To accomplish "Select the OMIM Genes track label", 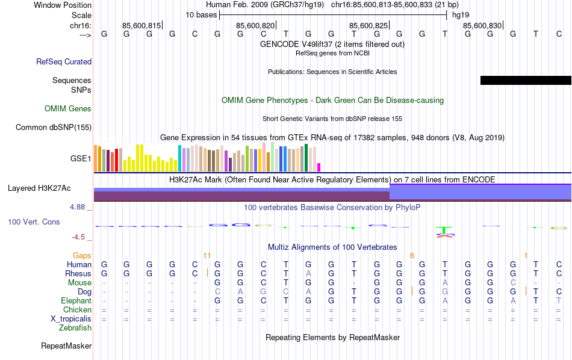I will pyautogui.click(x=68, y=109).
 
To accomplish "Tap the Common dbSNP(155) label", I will pyautogui.click(x=54, y=127).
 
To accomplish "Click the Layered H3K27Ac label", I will pyautogui.click(x=39, y=188).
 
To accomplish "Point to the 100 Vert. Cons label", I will pyautogui.click(x=34, y=222).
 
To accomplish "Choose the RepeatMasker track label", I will pyautogui.click(x=66, y=346).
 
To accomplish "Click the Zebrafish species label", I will pyautogui.click(x=75, y=328).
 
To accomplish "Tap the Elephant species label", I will pyautogui.click(x=76, y=301).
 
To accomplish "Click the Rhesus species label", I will pyautogui.click(x=78, y=274).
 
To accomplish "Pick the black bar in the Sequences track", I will pyautogui.click(x=525, y=81).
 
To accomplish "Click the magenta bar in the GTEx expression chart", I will pyautogui.click(x=319, y=167).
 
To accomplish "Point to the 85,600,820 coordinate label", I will pyautogui.click(x=256, y=26).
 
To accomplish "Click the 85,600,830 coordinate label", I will pyautogui.click(x=482, y=26).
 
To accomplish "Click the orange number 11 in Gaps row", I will pyautogui.click(x=207, y=256).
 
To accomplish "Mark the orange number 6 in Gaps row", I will pyautogui.click(x=412, y=256).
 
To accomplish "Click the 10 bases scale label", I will pyautogui.click(x=201, y=14).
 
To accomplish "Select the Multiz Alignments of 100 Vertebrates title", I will pyautogui.click(x=332, y=247).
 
